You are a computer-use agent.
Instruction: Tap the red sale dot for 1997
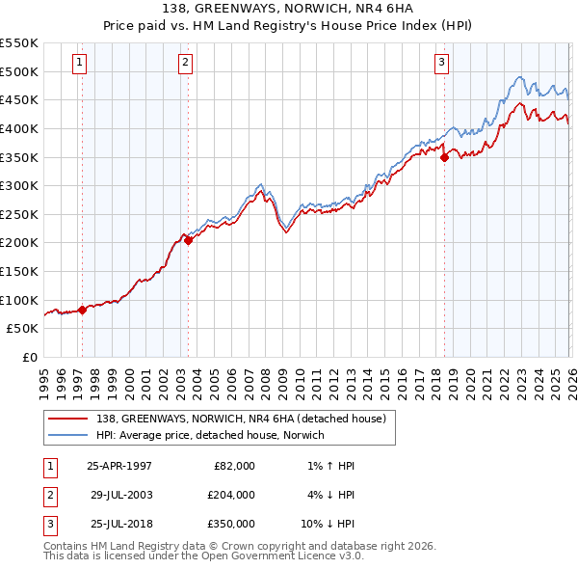(82, 310)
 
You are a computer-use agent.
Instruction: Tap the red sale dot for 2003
(188, 241)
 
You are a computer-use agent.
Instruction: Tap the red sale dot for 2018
(444, 158)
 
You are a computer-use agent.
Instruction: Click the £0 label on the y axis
(29, 357)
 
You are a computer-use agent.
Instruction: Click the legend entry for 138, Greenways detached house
(241, 419)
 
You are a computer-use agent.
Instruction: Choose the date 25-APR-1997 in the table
(119, 466)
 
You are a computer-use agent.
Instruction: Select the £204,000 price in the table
(232, 495)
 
